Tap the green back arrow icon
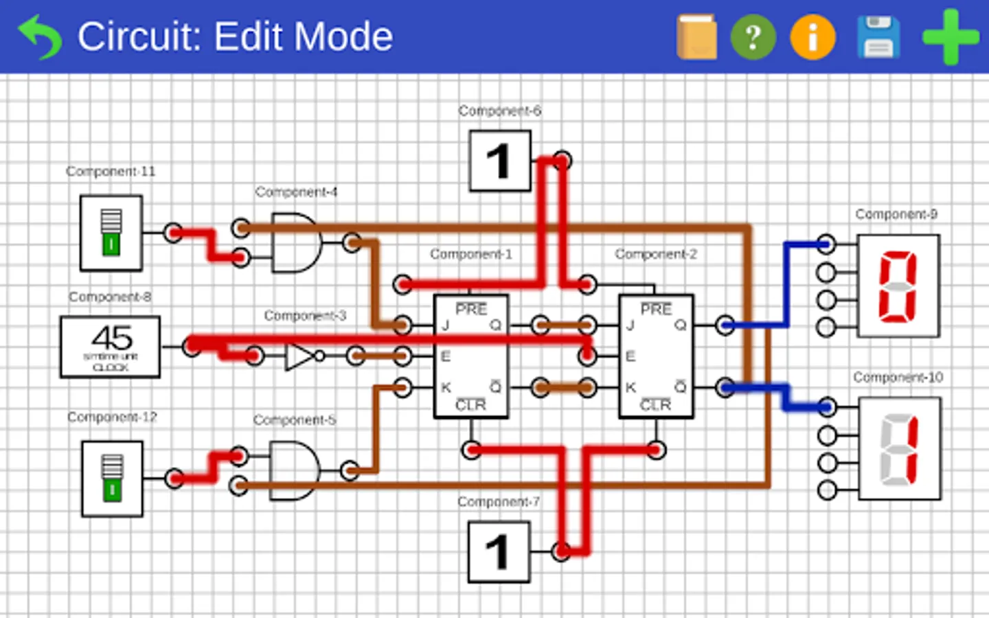pyautogui.click(x=40, y=37)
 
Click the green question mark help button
pyautogui.click(x=753, y=37)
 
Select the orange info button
pyautogui.click(x=812, y=37)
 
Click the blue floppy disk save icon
pyautogui.click(x=878, y=37)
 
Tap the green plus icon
pyautogui.click(x=951, y=37)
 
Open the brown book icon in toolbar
pyautogui.click(x=696, y=37)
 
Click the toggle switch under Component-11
pyautogui.click(x=111, y=233)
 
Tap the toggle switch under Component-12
pyautogui.click(x=112, y=478)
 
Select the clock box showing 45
pyautogui.click(x=111, y=347)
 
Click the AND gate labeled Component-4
pyautogui.click(x=295, y=242)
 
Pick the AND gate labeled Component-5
pyautogui.click(x=295, y=470)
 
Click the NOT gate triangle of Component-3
pyautogui.click(x=299, y=356)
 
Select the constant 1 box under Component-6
pyautogui.click(x=500, y=161)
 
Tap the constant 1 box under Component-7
pyautogui.click(x=499, y=551)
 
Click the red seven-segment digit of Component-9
pyautogui.click(x=898, y=286)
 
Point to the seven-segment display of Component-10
pyautogui.click(x=899, y=449)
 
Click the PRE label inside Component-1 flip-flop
pyautogui.click(x=471, y=309)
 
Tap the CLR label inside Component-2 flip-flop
pyautogui.click(x=655, y=405)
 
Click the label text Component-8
pyautogui.click(x=110, y=297)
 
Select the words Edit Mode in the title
pyautogui.click(x=303, y=37)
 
